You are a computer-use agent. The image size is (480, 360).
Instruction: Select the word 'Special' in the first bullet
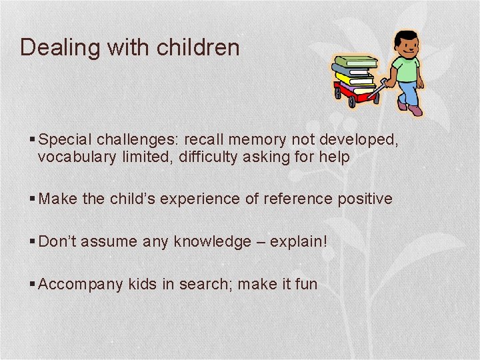[65, 139]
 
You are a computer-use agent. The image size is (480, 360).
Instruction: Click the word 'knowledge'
[212, 241]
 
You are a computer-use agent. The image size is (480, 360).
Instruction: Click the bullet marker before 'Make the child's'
[33, 199]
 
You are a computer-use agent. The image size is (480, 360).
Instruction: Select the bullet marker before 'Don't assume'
[33, 241]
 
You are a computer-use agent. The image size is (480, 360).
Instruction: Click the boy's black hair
[405, 37]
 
